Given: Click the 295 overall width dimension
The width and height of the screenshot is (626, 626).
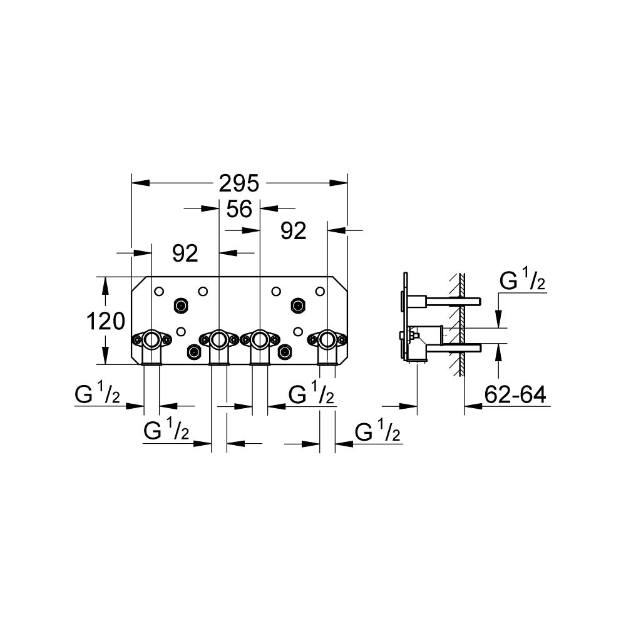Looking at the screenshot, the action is tap(239, 183).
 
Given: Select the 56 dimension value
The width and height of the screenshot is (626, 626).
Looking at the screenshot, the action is tap(239, 209).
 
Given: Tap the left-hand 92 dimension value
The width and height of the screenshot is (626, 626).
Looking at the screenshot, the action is tap(185, 253).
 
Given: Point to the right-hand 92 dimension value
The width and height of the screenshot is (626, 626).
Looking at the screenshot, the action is tap(294, 231).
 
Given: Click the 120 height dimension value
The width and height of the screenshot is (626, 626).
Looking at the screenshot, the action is tap(106, 321).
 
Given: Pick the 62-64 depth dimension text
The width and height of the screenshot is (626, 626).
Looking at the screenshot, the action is tap(515, 395).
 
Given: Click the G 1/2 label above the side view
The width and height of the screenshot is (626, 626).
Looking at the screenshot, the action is tap(522, 281).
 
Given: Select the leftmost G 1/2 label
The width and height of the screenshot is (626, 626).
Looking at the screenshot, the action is tap(97, 394).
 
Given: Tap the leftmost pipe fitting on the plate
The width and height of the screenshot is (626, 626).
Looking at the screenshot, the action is tap(151, 346).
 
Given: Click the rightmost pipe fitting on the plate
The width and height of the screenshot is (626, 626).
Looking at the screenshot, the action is tap(327, 346).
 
